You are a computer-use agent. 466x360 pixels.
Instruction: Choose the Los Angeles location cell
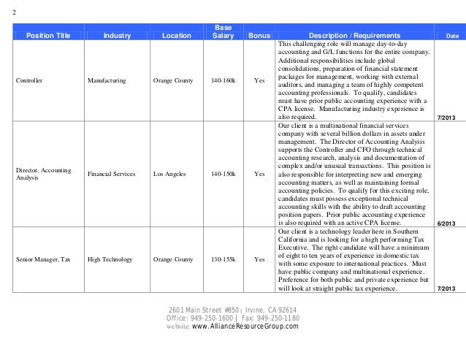173,175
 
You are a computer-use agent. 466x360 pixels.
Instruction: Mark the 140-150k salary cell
223,175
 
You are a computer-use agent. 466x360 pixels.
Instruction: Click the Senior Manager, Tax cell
45,259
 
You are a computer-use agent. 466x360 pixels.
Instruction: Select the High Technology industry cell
110,259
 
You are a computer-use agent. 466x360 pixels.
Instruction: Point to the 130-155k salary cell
223,259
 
